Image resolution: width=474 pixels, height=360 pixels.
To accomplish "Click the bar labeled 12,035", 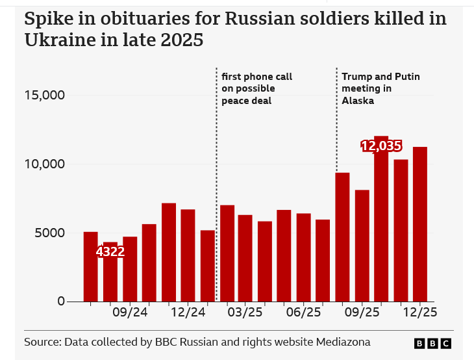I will tap(381, 221).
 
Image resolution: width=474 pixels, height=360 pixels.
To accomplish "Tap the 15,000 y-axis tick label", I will tap(45, 96).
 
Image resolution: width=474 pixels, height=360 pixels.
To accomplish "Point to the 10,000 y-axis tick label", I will tap(45, 164).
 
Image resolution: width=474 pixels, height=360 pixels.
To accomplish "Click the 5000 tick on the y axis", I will tap(49, 233).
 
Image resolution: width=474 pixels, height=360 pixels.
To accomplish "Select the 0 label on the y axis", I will tap(62, 302).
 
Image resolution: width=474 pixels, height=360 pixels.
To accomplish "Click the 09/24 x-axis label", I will tap(130, 313).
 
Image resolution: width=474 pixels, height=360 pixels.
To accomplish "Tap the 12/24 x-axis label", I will tap(188, 313).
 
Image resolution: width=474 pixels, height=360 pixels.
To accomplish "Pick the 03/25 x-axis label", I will tap(245, 313).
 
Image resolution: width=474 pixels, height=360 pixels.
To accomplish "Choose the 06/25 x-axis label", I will tap(304, 313).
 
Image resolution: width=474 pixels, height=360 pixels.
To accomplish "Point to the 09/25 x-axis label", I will tap(362, 313).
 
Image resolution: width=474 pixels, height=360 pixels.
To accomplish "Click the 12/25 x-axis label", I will tap(419, 313).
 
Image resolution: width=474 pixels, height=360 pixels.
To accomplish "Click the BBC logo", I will tap(432, 343).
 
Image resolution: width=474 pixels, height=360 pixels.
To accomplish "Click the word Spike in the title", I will tap(46, 19).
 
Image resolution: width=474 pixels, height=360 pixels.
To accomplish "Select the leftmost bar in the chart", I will tap(91, 266).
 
